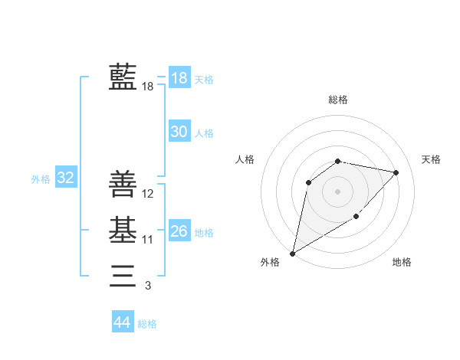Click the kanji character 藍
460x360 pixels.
[x=123, y=77]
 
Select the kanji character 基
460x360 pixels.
[x=123, y=230]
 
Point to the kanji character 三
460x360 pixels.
[x=123, y=274]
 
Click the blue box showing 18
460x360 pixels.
[x=179, y=77]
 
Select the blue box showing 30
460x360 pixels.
[x=179, y=132]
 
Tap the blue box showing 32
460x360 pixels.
[x=65, y=178]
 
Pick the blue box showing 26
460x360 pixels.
[x=179, y=231]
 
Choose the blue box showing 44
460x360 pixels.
[x=122, y=322]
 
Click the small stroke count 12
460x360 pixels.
[x=148, y=194]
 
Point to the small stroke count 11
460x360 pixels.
[x=148, y=240]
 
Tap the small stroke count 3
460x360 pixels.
[x=148, y=286]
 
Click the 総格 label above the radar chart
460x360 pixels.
[x=338, y=100]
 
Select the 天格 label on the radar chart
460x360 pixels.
[x=431, y=159]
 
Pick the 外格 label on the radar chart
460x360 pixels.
[x=270, y=262]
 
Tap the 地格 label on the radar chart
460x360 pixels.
[x=402, y=262]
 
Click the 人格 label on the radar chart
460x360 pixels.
[x=245, y=159]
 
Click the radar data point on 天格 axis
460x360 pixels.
[x=396, y=172]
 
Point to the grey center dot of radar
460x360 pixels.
[x=337, y=191]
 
